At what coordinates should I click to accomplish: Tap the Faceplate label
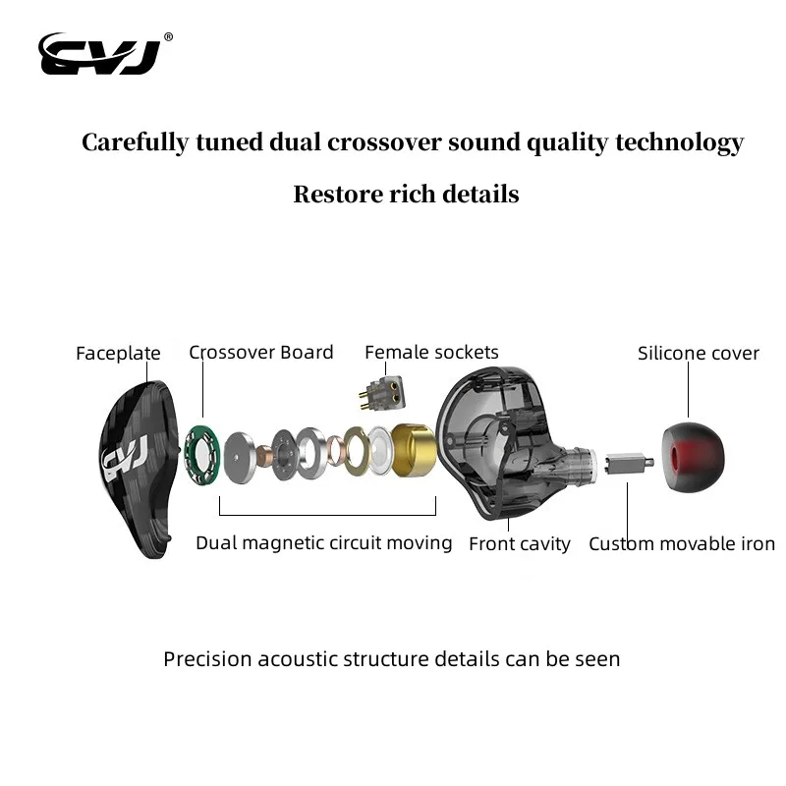tap(118, 354)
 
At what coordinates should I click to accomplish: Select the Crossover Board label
tap(261, 352)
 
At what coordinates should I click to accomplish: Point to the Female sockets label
tap(431, 352)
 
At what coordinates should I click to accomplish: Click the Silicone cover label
tap(699, 353)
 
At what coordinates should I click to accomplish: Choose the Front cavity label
tap(520, 543)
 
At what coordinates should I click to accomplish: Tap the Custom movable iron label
tap(682, 543)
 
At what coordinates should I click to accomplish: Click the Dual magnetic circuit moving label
tap(324, 542)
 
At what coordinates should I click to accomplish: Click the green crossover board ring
tap(200, 454)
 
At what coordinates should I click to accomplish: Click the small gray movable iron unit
tap(626, 462)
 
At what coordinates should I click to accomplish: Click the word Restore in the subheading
tap(335, 194)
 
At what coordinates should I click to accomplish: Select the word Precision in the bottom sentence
tap(207, 658)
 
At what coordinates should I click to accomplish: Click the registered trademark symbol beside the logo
tap(168, 37)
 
